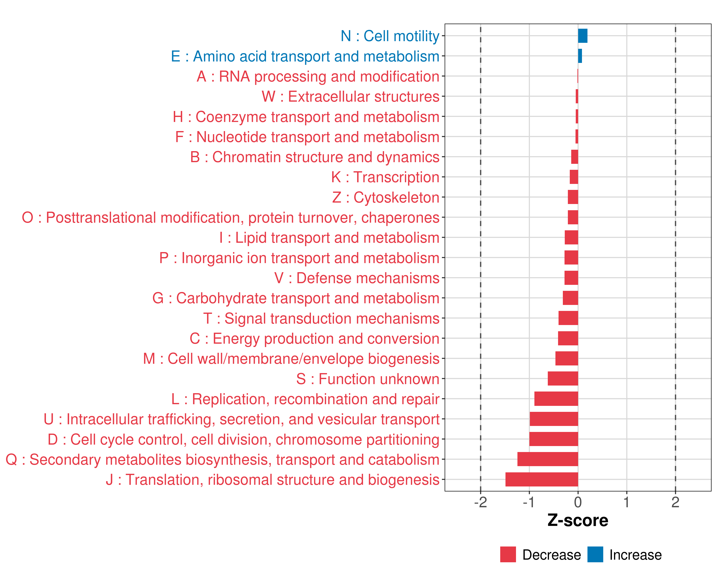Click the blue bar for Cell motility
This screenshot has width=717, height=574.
click(583, 36)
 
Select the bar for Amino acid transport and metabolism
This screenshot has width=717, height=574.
click(580, 56)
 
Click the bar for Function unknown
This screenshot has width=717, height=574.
click(563, 379)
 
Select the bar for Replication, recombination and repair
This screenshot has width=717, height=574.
click(556, 399)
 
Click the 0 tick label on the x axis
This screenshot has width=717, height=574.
click(578, 502)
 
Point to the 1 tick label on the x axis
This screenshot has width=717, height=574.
click(627, 502)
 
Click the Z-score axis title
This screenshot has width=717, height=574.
click(578, 520)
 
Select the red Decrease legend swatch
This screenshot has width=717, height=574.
click(508, 554)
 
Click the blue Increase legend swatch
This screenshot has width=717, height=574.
click(595, 554)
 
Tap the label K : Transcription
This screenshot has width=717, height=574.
click(385, 177)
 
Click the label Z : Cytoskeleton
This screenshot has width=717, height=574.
click(386, 197)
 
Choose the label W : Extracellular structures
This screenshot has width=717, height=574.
click(351, 96)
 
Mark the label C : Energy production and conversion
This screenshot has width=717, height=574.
click(315, 338)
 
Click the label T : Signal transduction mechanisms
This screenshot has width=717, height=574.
click(321, 318)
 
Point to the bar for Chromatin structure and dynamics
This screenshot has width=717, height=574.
click(575, 157)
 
